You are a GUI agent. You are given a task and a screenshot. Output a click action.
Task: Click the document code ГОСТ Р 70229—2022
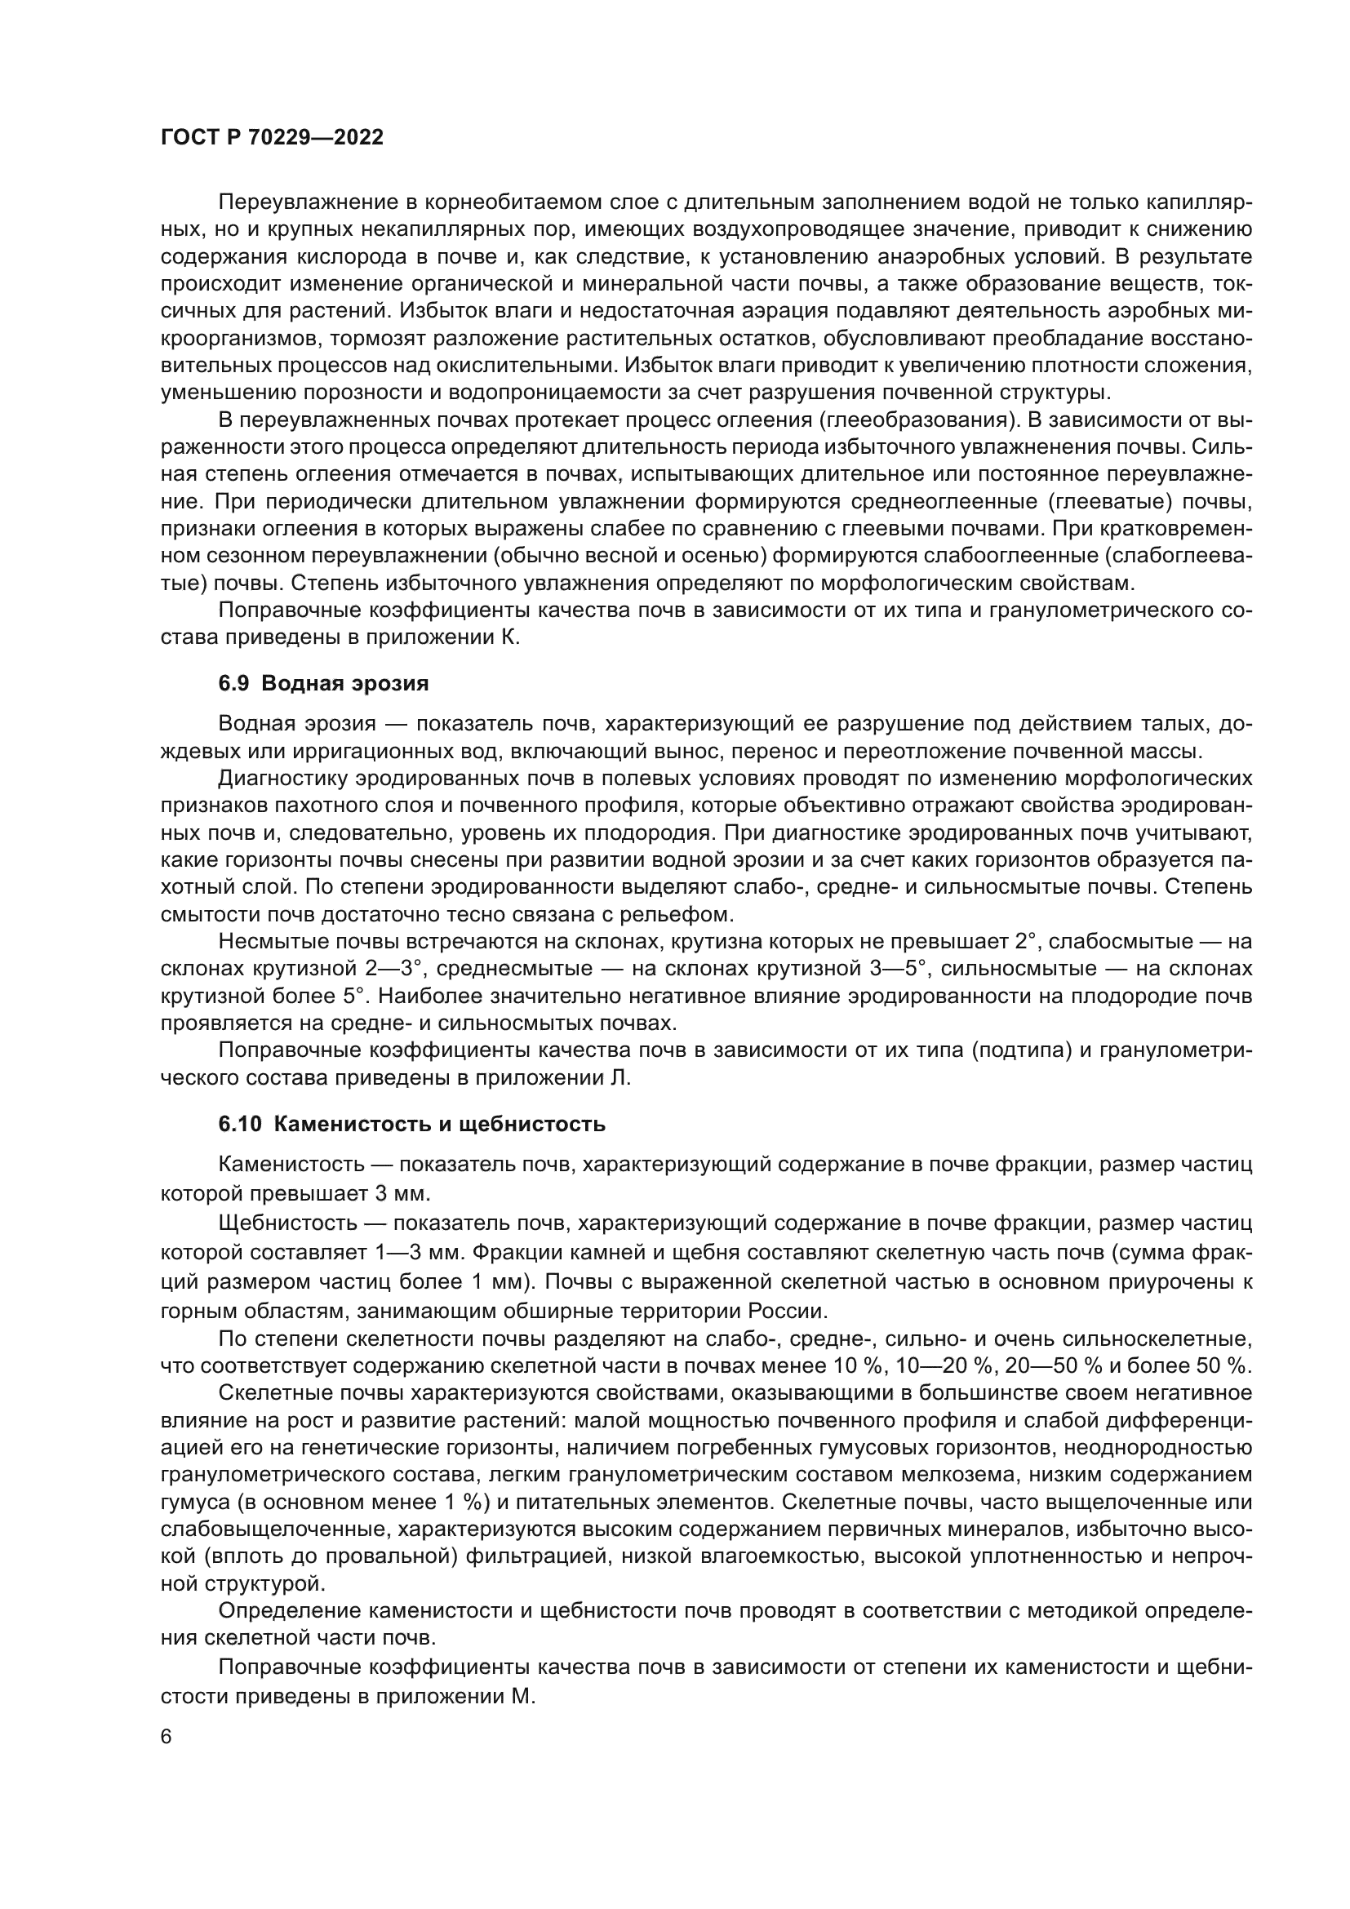coord(272,138)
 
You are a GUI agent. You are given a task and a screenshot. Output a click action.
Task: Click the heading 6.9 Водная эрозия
coord(323,684)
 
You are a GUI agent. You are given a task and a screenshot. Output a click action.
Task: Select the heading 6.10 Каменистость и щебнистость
coord(411,1125)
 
